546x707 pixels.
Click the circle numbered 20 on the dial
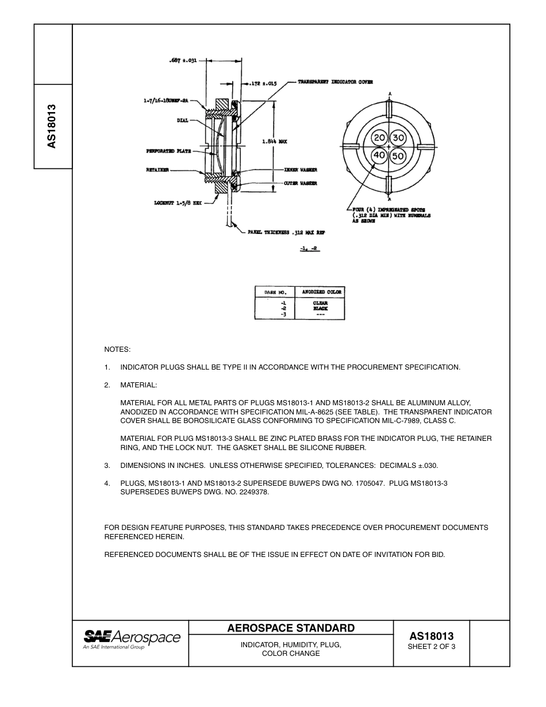(x=379, y=138)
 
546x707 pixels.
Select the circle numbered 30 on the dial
(x=399, y=138)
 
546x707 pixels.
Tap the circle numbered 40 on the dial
(x=379, y=156)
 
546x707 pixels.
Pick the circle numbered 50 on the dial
(x=399, y=156)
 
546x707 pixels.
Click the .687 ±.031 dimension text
(x=183, y=60)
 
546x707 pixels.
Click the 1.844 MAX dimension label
(x=274, y=141)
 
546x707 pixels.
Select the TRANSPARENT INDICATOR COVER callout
(x=335, y=82)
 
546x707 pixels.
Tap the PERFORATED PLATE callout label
(x=168, y=151)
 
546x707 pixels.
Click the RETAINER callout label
(x=157, y=170)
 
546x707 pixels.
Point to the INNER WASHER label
(x=300, y=170)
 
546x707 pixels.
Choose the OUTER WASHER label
(x=300, y=183)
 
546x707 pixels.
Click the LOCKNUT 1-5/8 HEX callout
(x=178, y=202)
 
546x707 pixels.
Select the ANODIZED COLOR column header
(x=321, y=292)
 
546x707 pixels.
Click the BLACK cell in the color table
(x=320, y=309)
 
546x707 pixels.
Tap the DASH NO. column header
(x=275, y=292)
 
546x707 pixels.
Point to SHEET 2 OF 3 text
(x=431, y=647)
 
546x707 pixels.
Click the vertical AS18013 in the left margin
(x=52, y=126)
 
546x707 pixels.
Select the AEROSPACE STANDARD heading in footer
(x=291, y=628)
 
